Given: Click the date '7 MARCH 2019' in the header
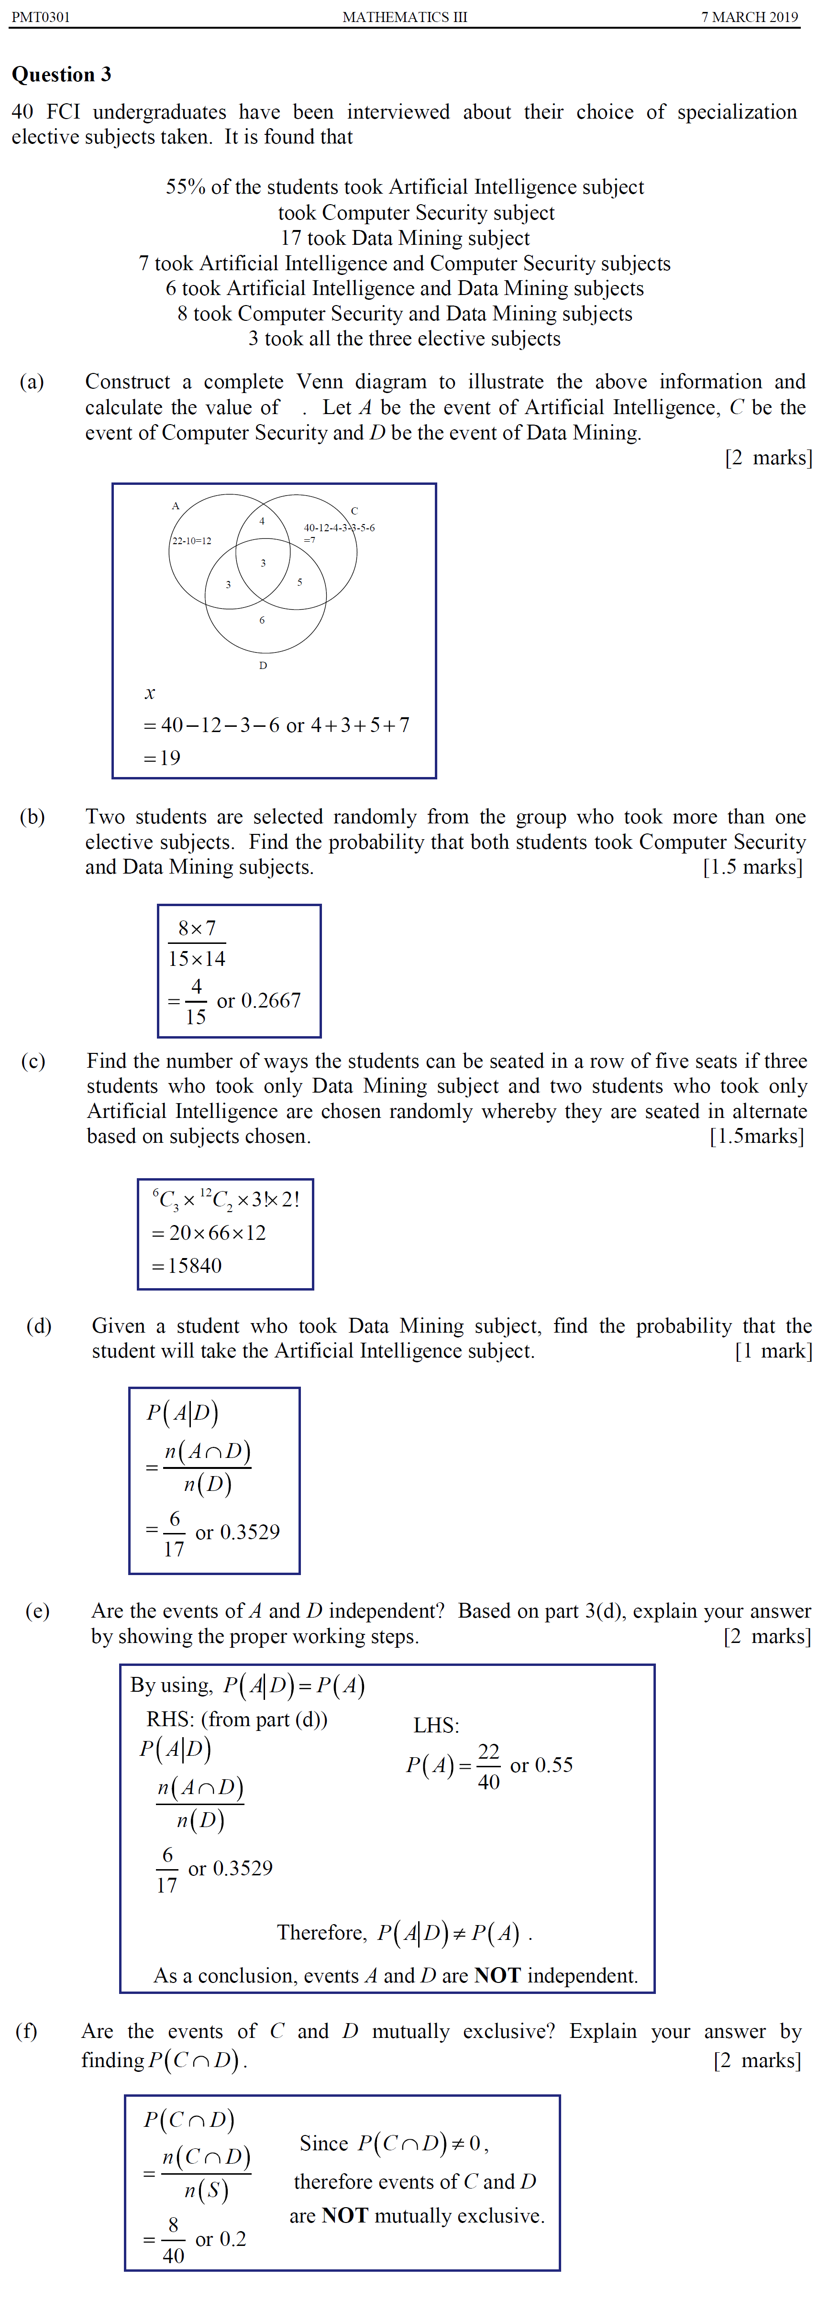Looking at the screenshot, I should point(749,17).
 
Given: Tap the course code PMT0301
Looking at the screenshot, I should point(40,17).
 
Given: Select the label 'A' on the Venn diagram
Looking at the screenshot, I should point(175,506).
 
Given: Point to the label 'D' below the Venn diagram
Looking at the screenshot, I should point(263,666).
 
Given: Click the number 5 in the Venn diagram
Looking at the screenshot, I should point(299,582).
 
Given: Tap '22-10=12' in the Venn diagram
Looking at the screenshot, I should point(192,541).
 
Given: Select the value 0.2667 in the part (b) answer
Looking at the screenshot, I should point(271,1000).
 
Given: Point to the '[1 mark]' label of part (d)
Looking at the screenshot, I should point(773,1351).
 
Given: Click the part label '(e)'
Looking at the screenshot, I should point(37,1611).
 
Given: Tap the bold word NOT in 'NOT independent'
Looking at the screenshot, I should point(498,1975).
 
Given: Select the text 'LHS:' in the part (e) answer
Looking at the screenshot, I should point(436,1725).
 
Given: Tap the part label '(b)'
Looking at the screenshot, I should point(32,817).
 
